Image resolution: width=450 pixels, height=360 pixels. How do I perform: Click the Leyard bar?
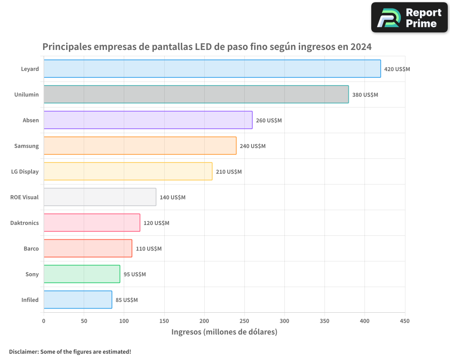coord(212,69)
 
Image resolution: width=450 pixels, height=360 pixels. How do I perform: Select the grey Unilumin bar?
coord(196,94)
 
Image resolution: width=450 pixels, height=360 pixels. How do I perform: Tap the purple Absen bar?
coord(148,120)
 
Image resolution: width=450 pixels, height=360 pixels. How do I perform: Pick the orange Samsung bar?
coord(139,146)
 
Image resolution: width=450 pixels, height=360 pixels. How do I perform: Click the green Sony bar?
coord(81,274)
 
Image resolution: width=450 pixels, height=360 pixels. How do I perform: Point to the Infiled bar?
coord(77,300)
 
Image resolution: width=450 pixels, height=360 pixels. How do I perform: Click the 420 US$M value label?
coord(397,69)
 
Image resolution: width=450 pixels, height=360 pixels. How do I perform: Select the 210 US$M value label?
coord(229,172)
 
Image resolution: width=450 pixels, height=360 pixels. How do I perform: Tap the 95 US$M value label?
coord(135,274)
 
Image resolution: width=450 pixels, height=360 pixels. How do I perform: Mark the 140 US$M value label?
coord(172,198)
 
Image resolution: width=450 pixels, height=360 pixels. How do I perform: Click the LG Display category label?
coord(25,171)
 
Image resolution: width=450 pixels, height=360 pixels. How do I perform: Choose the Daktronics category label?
coord(24,223)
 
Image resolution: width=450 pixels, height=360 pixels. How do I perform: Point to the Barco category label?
coord(31,248)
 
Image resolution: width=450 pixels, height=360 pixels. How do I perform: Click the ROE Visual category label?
coord(24,197)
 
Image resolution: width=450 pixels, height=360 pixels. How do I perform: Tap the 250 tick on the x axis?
coord(244,321)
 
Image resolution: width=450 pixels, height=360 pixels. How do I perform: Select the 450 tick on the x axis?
coord(405,321)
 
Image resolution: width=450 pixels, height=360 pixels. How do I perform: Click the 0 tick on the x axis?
coord(44,321)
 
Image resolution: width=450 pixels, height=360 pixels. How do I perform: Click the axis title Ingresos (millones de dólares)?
coord(224,332)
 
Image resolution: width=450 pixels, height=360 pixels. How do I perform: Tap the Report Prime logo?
coord(409,18)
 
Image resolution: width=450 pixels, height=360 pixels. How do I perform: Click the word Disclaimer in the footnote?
coord(23,352)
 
